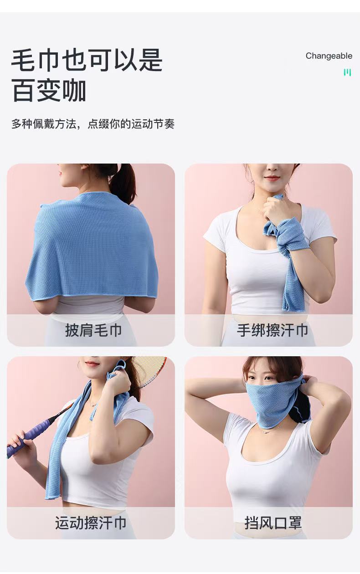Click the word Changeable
[329, 56]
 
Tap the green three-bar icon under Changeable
[347, 72]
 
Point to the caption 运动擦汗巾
[91, 523]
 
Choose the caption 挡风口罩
[273, 523]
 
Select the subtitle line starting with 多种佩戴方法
[93, 124]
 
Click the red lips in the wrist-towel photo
[272, 178]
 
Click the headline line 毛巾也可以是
[87, 60]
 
